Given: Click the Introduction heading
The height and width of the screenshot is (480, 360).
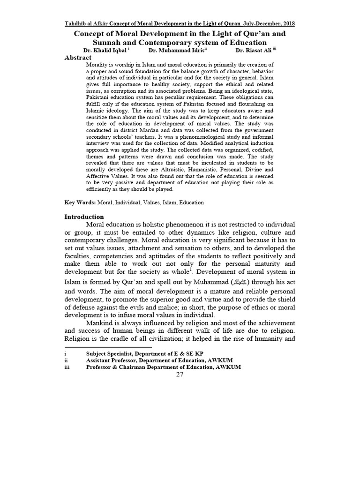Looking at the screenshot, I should (84, 217).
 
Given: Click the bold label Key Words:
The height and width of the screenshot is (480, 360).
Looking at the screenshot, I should (80, 202).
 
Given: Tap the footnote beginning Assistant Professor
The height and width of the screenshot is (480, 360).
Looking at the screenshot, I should (159, 360).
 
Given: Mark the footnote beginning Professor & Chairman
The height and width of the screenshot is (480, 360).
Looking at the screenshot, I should (164, 367).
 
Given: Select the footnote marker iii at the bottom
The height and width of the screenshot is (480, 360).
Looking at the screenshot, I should (67, 367).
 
